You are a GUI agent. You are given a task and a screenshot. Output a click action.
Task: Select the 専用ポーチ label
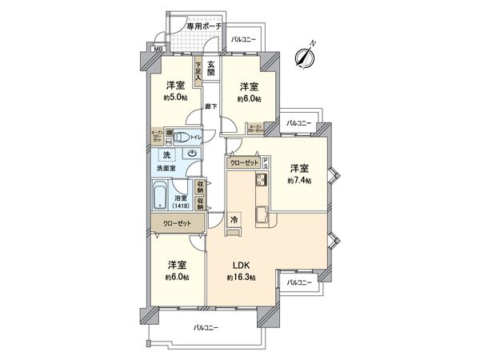203,26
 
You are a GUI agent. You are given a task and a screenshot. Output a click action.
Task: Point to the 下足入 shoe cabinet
197,70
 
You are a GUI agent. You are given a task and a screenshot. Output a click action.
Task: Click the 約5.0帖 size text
176,98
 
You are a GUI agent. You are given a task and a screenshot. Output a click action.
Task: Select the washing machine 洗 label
166,154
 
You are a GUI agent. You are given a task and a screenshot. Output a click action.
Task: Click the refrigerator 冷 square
234,218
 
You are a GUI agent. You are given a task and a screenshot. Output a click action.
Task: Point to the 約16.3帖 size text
242,278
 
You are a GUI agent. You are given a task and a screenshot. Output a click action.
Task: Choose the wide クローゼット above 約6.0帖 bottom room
177,225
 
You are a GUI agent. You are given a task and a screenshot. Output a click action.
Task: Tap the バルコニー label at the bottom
206,327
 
